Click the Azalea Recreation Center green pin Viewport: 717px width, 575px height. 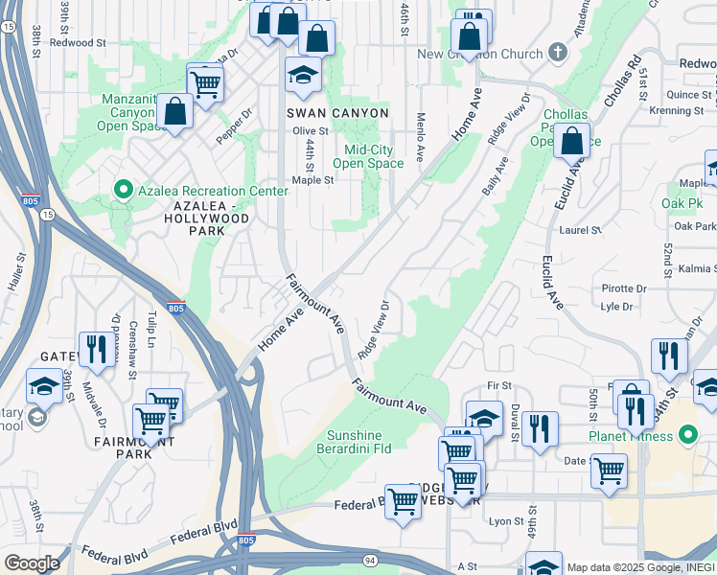122,191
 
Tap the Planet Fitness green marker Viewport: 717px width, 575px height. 687,435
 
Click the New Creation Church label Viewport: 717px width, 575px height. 481,54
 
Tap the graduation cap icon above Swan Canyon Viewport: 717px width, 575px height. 303,77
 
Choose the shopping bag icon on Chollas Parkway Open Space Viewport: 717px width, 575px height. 571,142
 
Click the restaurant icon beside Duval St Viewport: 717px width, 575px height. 541,432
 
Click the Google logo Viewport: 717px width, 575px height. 32,563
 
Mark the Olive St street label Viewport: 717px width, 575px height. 311,130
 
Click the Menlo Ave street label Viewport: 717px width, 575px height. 420,135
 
